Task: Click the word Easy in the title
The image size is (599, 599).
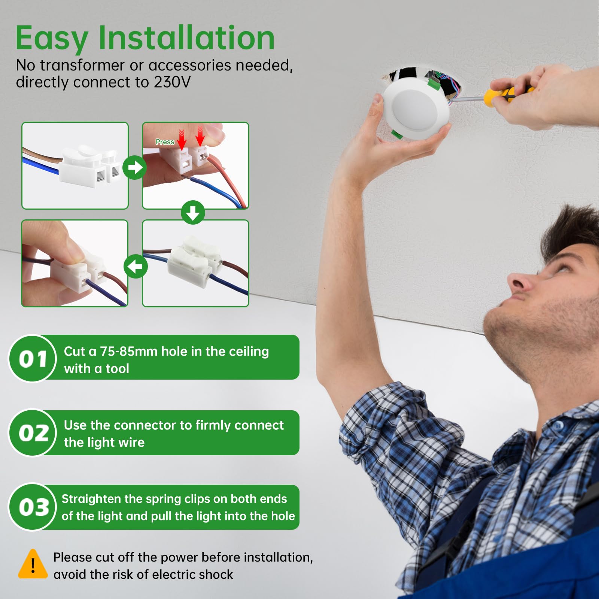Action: pyautogui.click(x=52, y=39)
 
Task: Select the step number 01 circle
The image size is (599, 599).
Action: pyautogui.click(x=33, y=358)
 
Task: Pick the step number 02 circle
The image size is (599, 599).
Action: pyautogui.click(x=33, y=432)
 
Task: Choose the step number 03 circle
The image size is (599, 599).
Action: pyautogui.click(x=33, y=507)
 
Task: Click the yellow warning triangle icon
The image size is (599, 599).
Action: pyautogui.click(x=33, y=564)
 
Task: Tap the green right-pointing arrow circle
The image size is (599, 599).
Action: pyautogui.click(x=135, y=167)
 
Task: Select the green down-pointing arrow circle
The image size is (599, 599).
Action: pyautogui.click(x=193, y=213)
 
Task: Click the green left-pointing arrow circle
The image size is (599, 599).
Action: pyautogui.click(x=136, y=266)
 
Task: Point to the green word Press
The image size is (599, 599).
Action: pyautogui.click(x=165, y=142)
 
